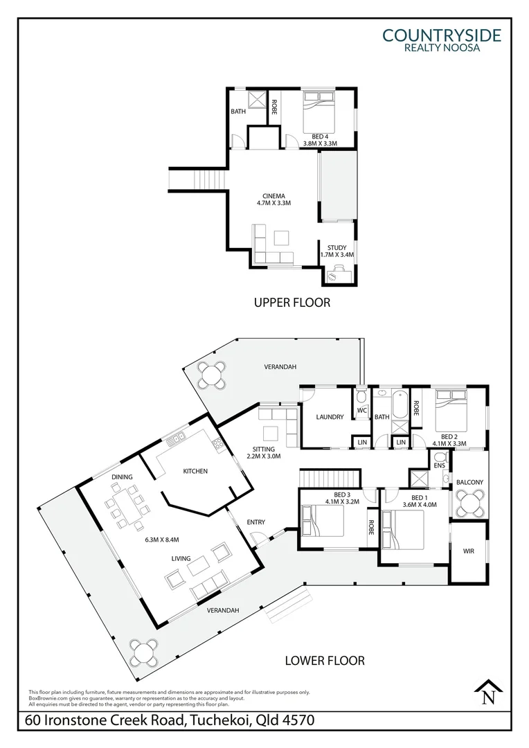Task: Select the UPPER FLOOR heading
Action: [292, 302]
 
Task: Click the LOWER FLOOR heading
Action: [325, 660]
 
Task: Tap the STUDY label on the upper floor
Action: [337, 247]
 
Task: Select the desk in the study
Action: [339, 274]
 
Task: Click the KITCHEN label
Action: [195, 471]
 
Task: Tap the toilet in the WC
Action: [361, 398]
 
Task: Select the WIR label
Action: [469, 551]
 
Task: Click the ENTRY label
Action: [256, 522]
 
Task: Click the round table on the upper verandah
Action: [211, 375]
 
